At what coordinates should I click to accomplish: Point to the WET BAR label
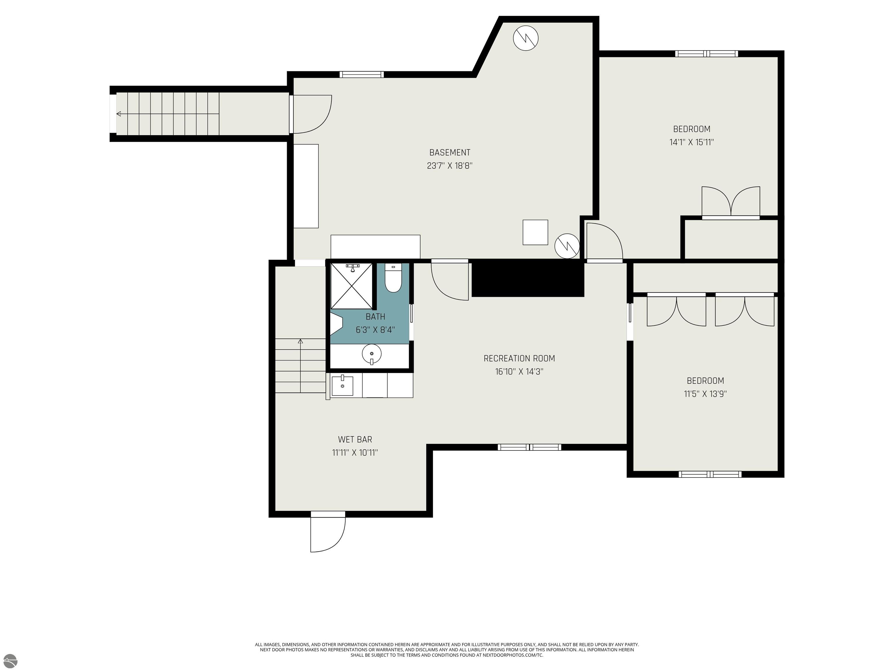tap(355, 439)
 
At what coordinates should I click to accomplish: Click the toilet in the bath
tap(393, 279)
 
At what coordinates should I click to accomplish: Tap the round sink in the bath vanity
tap(371, 354)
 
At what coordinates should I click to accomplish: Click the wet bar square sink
tap(342, 386)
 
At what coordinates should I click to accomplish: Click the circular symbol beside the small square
tap(567, 245)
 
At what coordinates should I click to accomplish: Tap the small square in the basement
tap(535, 232)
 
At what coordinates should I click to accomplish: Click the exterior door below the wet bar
tap(327, 532)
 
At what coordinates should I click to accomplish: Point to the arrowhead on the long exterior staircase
tap(118, 114)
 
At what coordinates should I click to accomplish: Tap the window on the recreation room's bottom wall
tap(529, 447)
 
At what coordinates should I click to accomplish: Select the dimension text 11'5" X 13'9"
tap(705, 394)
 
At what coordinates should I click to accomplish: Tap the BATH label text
tap(375, 317)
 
